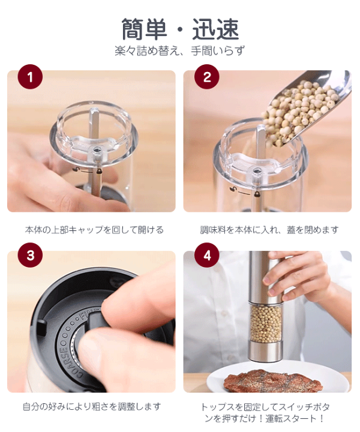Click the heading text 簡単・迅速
[x=180, y=29]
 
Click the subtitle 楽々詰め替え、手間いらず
[x=180, y=51]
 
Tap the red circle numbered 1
[x=31, y=77]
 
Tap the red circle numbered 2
[x=207, y=77]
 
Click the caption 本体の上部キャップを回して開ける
[x=94, y=230]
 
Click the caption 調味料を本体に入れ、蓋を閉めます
[x=269, y=230]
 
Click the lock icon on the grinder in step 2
[x=256, y=194]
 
